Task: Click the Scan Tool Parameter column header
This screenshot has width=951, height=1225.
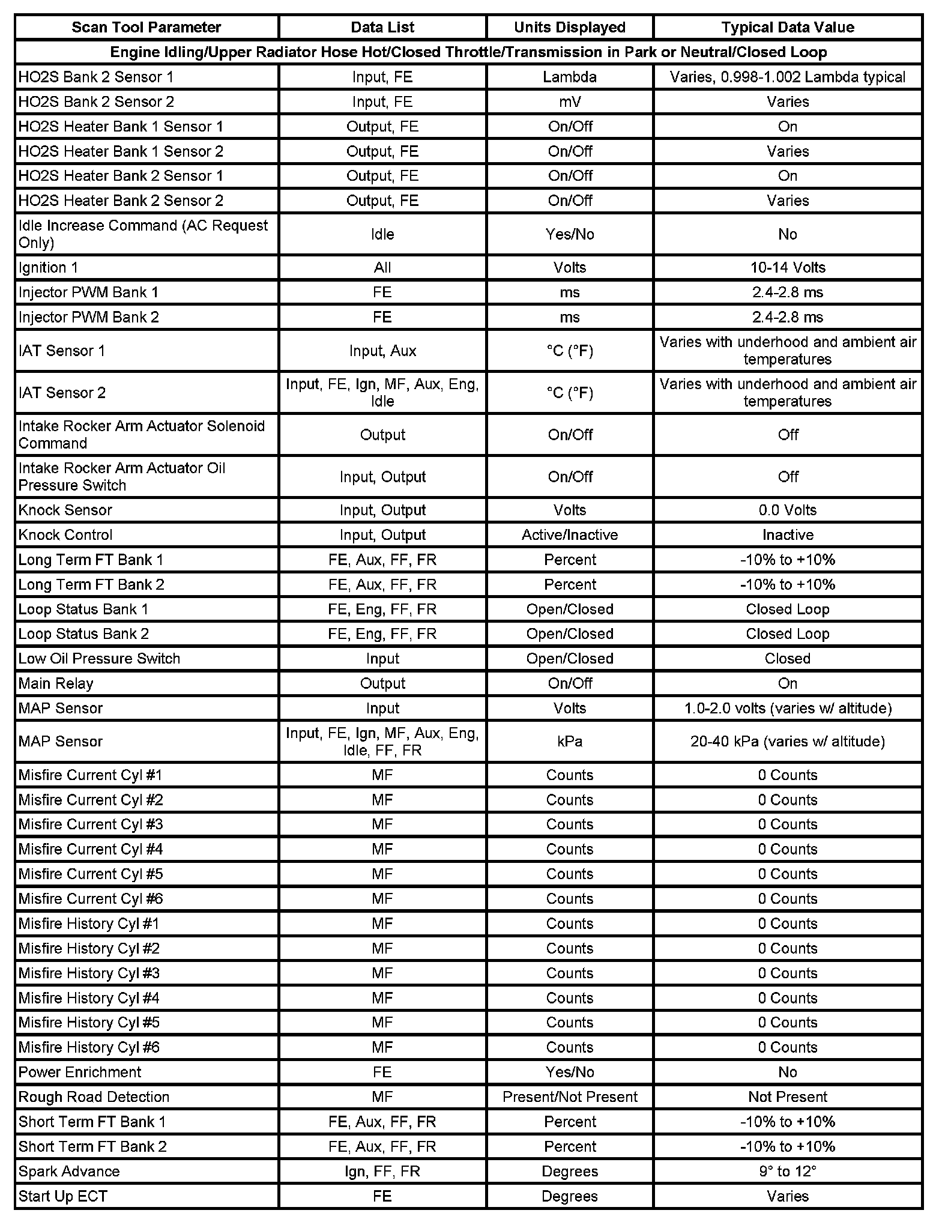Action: click(x=146, y=28)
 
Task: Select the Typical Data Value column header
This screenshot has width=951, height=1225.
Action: click(x=787, y=28)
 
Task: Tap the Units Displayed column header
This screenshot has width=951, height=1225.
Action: click(x=569, y=28)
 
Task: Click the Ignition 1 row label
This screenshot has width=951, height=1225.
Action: click(x=48, y=268)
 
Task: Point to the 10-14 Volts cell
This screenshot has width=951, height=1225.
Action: click(x=787, y=268)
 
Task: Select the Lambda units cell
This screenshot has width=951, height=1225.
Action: click(x=569, y=77)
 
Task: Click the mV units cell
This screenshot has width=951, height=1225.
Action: click(x=569, y=102)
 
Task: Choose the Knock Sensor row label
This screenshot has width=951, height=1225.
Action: click(x=65, y=510)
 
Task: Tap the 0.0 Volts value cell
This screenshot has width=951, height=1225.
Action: click(x=787, y=510)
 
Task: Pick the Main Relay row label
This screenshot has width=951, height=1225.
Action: click(x=56, y=683)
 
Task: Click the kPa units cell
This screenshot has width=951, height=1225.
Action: click(x=569, y=742)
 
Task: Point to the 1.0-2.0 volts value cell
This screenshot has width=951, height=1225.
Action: click(x=787, y=709)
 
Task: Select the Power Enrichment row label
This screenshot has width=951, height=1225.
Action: click(x=79, y=1072)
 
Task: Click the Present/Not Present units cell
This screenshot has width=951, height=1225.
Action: click(x=569, y=1097)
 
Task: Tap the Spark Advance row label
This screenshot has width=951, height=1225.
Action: click(x=69, y=1172)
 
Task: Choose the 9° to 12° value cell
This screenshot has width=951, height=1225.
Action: click(x=787, y=1172)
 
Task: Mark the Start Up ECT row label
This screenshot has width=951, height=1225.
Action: click(x=62, y=1196)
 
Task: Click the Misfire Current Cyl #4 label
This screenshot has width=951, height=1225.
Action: click(x=90, y=849)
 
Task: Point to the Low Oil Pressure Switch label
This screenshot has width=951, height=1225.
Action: click(x=99, y=659)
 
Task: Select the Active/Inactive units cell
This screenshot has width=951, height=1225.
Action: click(x=569, y=535)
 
